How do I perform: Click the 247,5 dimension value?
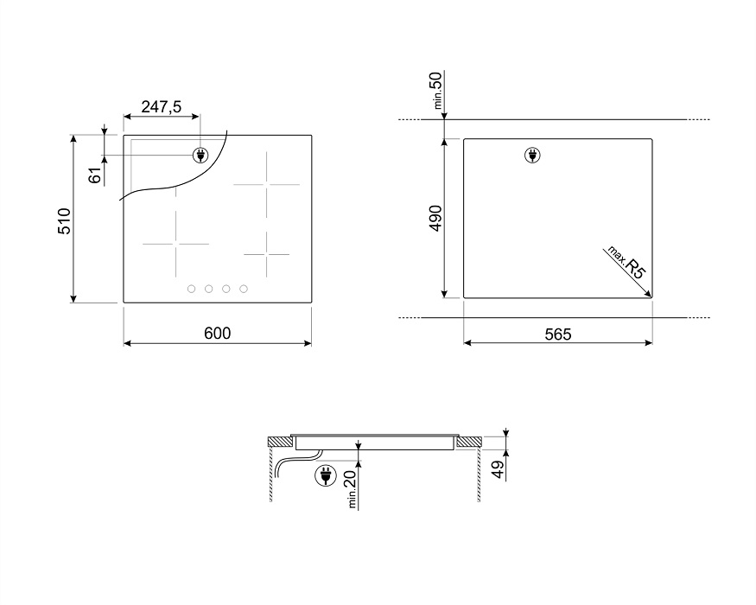(161, 106)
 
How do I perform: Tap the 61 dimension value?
(95, 175)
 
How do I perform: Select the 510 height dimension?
(64, 221)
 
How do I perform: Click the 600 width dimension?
(218, 333)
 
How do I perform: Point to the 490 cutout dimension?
(435, 218)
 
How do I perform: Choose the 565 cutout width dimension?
(558, 334)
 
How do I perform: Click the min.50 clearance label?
(436, 90)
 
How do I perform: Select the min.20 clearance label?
(351, 488)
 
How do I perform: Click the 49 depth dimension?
(498, 469)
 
